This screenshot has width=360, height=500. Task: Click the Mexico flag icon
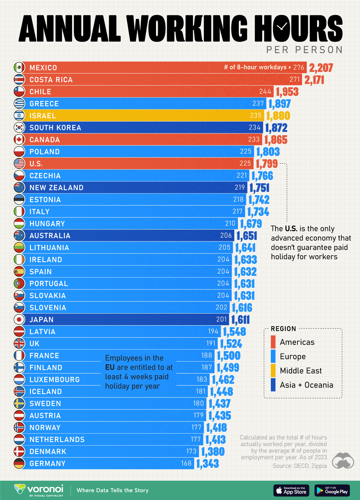click(19, 68)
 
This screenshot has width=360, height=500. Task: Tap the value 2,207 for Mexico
click(321, 68)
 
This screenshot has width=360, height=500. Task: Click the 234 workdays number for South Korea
click(254, 128)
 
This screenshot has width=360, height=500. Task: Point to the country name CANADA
click(45, 140)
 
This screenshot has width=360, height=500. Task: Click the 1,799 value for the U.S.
click(267, 164)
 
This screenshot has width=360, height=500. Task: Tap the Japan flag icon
click(19, 320)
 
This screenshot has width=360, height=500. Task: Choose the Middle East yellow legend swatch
click(273, 371)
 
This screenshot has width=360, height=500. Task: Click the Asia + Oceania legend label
click(306, 385)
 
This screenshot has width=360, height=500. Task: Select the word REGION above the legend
click(283, 329)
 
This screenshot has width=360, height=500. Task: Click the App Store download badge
click(291, 490)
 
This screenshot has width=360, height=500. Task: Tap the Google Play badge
click(332, 490)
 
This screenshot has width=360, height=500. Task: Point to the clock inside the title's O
click(282, 27)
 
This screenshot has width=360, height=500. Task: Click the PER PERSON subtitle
click(304, 50)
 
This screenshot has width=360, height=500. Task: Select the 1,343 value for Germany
click(207, 464)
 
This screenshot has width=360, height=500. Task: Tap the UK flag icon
click(19, 344)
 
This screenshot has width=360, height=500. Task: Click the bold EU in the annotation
click(110, 367)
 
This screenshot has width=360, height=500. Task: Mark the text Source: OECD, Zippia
click(299, 466)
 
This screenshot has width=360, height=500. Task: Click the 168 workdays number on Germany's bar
click(186, 463)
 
